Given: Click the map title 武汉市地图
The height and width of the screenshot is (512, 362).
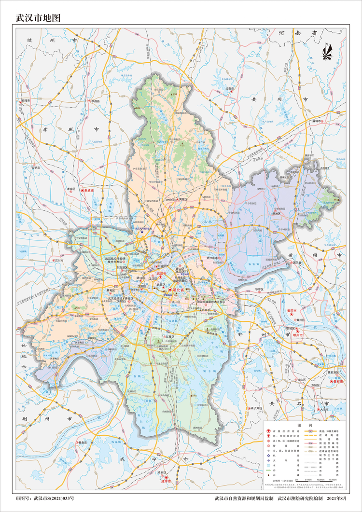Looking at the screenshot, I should pos(38,18).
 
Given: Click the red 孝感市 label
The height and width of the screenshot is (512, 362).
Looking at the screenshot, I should pos(91,191).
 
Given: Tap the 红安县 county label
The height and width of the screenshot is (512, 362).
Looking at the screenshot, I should pos(229,89).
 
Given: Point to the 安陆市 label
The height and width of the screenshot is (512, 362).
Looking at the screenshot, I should pos(26,100).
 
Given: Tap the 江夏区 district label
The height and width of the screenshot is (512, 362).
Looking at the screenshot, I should pos(168,337).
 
